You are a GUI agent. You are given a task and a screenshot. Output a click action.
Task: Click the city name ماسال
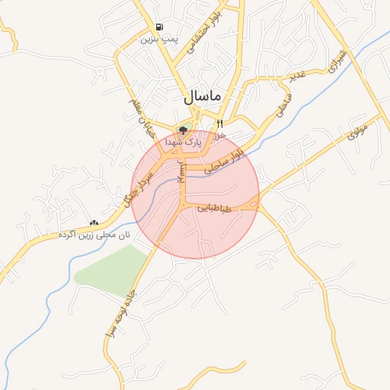[202, 97]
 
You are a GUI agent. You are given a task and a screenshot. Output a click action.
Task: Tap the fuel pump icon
[158, 26]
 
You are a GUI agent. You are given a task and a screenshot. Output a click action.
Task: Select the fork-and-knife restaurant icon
[219, 123]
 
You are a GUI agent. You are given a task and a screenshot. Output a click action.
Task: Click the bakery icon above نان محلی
[94, 222]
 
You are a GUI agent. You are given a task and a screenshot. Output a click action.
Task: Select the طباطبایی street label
[219, 207]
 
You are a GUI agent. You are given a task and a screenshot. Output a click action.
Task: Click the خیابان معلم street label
[141, 123]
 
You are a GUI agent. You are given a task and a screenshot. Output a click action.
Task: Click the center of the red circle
[195, 195]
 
